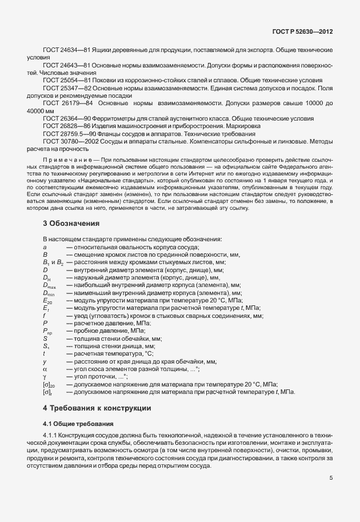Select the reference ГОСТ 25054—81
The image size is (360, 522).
[63, 81]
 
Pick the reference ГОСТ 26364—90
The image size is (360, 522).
[63, 118]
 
